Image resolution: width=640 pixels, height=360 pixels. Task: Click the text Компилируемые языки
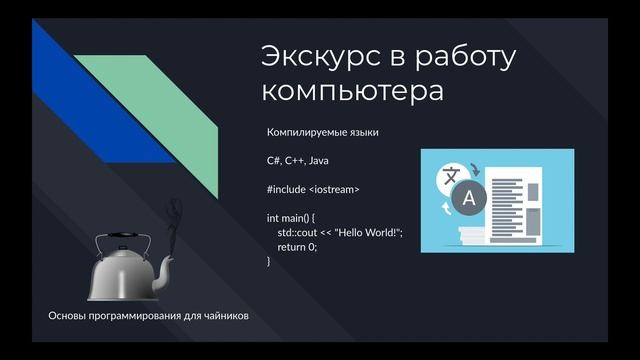coord(322,132)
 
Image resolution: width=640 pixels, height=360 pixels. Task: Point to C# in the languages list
coord(274,160)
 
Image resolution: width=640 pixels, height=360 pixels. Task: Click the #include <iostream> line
coord(313,189)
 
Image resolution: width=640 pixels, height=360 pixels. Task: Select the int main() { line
coord(291,217)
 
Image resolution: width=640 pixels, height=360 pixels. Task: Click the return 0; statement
coord(297,246)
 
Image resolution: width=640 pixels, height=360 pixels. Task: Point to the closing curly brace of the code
coord(269,261)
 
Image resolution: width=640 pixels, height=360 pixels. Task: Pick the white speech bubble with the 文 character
coord(452,176)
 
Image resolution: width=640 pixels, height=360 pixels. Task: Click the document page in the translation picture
coord(516,200)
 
